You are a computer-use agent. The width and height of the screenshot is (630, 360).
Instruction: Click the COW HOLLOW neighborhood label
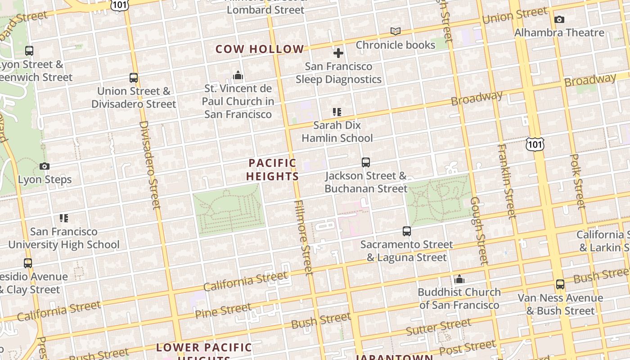(x=260, y=49)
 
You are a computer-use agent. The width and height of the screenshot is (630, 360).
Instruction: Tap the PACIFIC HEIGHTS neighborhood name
(x=273, y=170)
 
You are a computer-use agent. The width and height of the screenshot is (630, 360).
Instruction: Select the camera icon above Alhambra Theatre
(x=559, y=19)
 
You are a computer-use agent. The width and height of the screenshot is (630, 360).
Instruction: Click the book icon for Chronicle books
(x=396, y=31)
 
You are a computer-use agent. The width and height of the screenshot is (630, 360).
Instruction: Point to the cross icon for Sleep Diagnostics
(x=338, y=53)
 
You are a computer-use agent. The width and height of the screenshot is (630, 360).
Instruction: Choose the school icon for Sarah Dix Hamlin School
(x=337, y=112)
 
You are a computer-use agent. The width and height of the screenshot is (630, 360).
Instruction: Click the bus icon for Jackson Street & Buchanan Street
(x=366, y=162)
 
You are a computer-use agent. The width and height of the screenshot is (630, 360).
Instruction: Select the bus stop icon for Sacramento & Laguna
(x=407, y=231)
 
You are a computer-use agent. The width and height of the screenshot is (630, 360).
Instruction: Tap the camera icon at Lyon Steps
(x=44, y=166)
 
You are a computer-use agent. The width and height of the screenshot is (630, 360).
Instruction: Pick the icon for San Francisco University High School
(x=64, y=218)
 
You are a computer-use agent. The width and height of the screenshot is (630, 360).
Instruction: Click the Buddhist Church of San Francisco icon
(x=459, y=279)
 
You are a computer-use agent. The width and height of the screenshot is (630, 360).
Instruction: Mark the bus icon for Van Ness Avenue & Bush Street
(x=560, y=284)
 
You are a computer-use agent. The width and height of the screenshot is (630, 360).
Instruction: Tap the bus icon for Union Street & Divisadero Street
(x=134, y=77)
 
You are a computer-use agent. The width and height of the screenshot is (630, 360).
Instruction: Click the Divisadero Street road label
(x=150, y=165)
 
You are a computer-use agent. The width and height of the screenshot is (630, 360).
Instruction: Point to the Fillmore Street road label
(x=303, y=237)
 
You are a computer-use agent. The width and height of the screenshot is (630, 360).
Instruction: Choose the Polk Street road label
(x=577, y=181)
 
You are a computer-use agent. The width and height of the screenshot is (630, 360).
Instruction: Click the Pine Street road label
(x=223, y=311)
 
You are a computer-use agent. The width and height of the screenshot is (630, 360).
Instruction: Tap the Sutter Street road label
(x=438, y=327)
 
